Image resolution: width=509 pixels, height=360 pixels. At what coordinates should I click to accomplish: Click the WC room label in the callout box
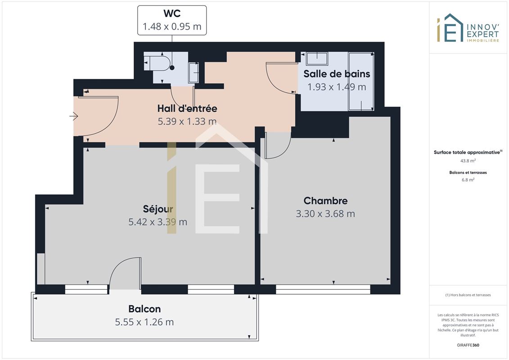pos(172,13)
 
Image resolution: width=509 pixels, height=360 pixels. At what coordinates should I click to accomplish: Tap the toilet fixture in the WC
pos(157,63)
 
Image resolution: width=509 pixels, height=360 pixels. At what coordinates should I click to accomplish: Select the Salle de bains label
pos(337,74)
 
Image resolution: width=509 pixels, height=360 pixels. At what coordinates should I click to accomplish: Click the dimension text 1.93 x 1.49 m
pos(337,87)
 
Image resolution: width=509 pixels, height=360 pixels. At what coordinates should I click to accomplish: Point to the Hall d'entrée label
pos(187,108)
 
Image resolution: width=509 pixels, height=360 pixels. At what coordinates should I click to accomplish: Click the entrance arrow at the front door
pos(74,116)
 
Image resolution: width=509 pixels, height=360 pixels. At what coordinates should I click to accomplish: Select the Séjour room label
pos(158,209)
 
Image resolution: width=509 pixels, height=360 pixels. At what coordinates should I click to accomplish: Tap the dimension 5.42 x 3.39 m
pos(158,222)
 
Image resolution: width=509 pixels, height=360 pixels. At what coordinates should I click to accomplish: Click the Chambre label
pos(325,201)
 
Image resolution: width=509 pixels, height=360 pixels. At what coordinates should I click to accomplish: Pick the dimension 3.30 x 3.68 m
pos(325,214)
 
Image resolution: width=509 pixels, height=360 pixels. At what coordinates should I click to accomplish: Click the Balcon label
pos(144,309)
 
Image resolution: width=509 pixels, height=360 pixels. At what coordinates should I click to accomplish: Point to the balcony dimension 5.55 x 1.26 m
pos(144,322)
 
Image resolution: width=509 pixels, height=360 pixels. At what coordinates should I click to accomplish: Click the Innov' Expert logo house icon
pos(450,27)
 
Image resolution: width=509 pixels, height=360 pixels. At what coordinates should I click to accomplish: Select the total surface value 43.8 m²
pos(468,161)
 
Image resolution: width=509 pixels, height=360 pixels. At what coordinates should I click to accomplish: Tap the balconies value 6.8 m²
pos(468,180)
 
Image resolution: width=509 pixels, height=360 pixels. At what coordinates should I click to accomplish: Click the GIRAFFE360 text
pos(468,345)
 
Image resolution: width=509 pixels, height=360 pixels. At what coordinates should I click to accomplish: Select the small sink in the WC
pos(194,72)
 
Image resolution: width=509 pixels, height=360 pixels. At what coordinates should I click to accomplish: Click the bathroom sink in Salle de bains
pos(317,59)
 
